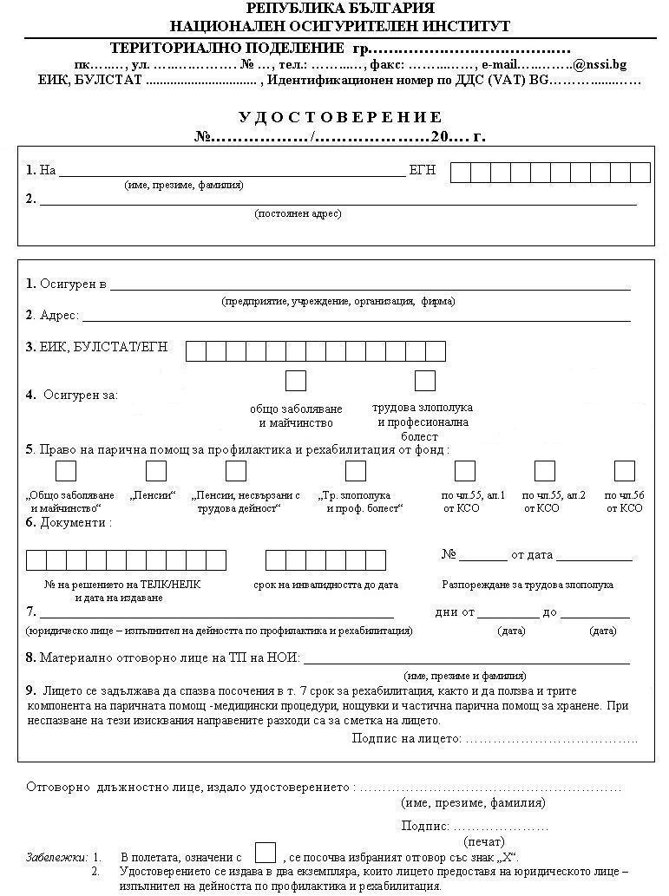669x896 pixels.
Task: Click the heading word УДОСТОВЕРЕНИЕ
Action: pyautogui.click(x=341, y=117)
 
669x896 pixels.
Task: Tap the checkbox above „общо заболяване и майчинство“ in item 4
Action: pyautogui.click(x=296, y=381)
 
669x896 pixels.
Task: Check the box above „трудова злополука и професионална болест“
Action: pyautogui.click(x=424, y=381)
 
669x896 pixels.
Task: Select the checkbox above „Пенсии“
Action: pyautogui.click(x=156, y=471)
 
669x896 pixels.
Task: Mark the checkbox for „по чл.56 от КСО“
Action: pyautogui.click(x=625, y=471)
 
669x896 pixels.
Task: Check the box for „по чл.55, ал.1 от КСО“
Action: pyautogui.click(x=465, y=471)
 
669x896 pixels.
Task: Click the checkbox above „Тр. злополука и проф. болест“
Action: pyautogui.click(x=356, y=471)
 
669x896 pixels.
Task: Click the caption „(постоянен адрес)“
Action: pyautogui.click(x=298, y=213)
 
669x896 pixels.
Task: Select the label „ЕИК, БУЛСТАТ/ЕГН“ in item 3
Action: pyautogui.click(x=103, y=348)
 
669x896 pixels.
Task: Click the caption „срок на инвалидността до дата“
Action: pyautogui.click(x=326, y=585)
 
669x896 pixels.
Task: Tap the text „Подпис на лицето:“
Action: pyautogui.click(x=406, y=738)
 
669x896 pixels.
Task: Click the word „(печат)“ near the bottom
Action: pyautogui.click(x=479, y=841)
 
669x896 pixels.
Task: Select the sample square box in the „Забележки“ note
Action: pyautogui.click(x=266, y=853)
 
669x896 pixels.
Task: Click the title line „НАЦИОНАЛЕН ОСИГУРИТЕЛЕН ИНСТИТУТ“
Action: pyautogui.click(x=340, y=26)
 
